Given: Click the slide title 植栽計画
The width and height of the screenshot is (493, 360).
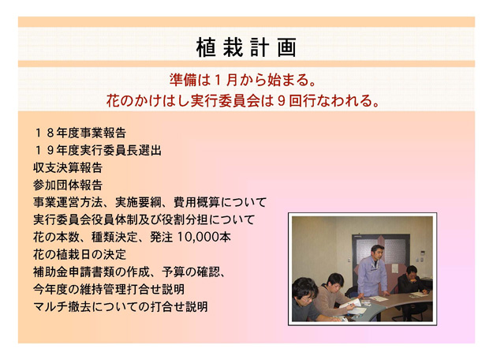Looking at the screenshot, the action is click(x=246, y=47).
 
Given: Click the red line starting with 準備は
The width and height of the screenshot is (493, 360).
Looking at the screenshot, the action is click(x=243, y=80).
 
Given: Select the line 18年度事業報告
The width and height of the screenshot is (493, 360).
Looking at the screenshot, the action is click(x=80, y=133).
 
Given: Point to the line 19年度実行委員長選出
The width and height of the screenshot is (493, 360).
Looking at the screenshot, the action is click(x=97, y=151).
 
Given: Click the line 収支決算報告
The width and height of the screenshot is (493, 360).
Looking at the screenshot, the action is click(x=68, y=167).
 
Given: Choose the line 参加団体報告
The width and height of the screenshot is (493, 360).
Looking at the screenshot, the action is click(x=68, y=185).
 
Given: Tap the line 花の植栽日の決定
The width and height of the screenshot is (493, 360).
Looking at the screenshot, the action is click(x=80, y=254).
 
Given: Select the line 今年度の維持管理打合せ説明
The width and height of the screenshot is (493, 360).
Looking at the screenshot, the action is click(x=109, y=289).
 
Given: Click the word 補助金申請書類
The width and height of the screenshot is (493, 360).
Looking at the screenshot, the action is click(x=74, y=272).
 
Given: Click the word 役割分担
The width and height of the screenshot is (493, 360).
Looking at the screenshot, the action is click(x=185, y=219).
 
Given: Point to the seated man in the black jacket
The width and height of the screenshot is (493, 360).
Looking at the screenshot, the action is click(x=411, y=283).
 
